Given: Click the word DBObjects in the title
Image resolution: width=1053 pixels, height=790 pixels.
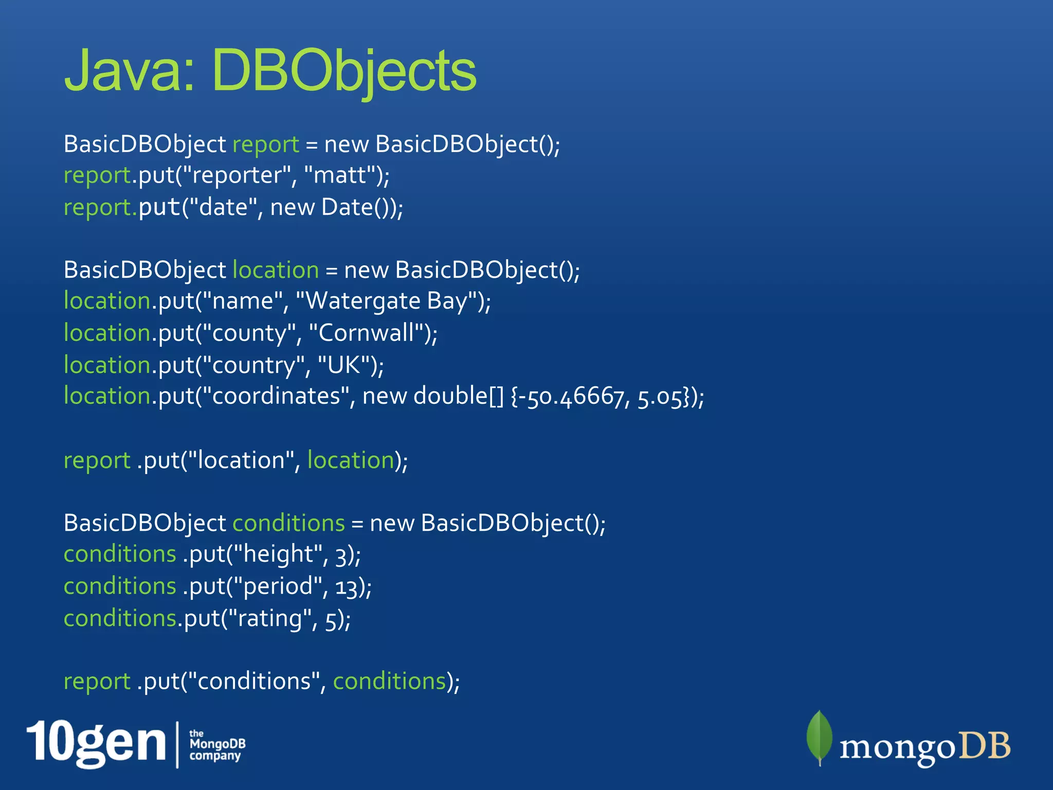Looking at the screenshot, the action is tap(343, 70).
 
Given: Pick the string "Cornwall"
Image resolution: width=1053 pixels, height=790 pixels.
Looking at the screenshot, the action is tap(366, 333).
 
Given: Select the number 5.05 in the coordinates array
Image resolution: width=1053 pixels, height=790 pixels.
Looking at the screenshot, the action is tap(660, 397).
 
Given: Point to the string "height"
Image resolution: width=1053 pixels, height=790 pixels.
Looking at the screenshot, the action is tap(278, 554).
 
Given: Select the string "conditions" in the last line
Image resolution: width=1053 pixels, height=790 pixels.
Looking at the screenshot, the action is tap(254, 681).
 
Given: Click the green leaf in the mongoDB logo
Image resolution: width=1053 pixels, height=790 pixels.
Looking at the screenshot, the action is tap(819, 737).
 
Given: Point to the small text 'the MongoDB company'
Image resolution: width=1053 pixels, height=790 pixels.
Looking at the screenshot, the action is tap(216, 745).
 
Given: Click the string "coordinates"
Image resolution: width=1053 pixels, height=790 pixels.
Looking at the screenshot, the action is tap(276, 397).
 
